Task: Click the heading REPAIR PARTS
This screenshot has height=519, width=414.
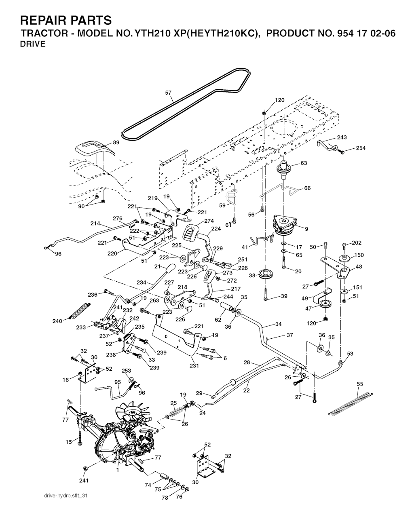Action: point(65,20)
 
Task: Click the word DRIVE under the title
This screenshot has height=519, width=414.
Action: point(33,44)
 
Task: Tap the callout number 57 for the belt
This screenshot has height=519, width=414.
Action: point(169,93)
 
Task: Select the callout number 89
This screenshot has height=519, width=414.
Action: point(116,142)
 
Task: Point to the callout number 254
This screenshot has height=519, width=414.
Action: point(361,148)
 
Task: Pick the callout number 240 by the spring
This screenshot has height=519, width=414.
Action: point(57,321)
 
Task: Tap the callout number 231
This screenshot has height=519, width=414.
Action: point(194,366)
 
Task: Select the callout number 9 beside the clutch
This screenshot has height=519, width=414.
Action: point(306,229)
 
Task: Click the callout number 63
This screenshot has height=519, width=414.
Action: point(304,163)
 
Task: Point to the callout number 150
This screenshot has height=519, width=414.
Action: point(359,255)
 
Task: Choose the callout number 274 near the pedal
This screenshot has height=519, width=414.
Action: point(209,221)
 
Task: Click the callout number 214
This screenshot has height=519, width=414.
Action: point(95,223)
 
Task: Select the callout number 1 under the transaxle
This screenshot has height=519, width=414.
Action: point(118,470)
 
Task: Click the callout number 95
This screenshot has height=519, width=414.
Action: point(118,382)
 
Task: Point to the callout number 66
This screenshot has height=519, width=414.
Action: point(307,188)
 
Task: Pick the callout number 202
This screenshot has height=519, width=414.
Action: point(356,243)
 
